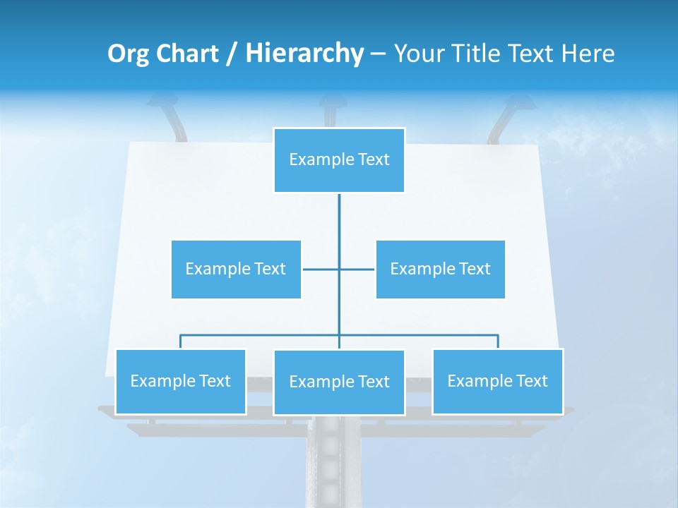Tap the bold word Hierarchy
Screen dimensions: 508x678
pyautogui.click(x=304, y=54)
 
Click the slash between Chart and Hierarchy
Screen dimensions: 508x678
pyautogui.click(x=232, y=54)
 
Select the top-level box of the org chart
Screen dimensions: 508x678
pyautogui.click(x=339, y=160)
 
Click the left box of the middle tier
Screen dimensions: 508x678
pyautogui.click(x=236, y=269)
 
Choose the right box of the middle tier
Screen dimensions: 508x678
pyautogui.click(x=440, y=269)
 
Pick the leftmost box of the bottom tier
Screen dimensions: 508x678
pyautogui.click(x=181, y=381)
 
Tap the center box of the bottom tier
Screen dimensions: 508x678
pyautogui.click(x=339, y=382)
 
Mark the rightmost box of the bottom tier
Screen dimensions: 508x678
pyautogui.click(x=497, y=381)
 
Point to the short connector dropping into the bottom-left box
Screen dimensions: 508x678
pyautogui.click(x=181, y=341)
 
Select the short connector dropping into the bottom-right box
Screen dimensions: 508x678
pyautogui.click(x=498, y=341)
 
